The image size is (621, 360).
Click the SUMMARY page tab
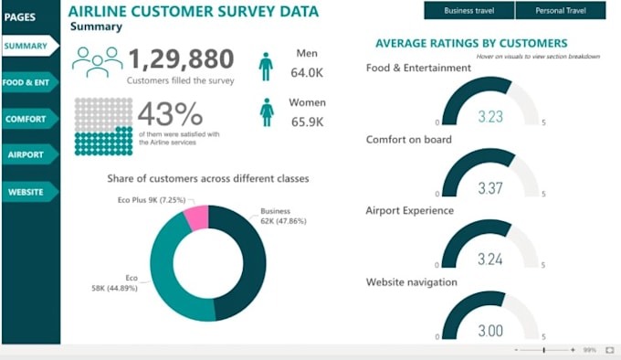[26, 45]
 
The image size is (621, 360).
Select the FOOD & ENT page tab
[26, 82]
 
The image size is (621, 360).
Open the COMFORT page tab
[26, 119]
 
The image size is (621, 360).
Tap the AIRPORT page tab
[26, 155]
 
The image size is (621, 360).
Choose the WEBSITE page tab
[26, 192]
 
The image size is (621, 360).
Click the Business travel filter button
[469, 11]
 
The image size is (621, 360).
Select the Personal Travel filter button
[560, 11]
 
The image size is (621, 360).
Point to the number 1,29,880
[181, 59]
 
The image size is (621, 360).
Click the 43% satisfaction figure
[170, 116]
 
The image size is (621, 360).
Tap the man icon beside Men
[266, 66]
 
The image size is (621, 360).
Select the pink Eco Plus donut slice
[196, 219]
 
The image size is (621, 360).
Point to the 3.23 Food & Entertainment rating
[490, 117]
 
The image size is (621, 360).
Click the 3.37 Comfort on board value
[490, 189]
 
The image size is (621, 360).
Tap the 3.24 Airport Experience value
[490, 259]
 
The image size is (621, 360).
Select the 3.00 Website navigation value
[490, 331]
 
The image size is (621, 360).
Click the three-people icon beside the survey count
[98, 62]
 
